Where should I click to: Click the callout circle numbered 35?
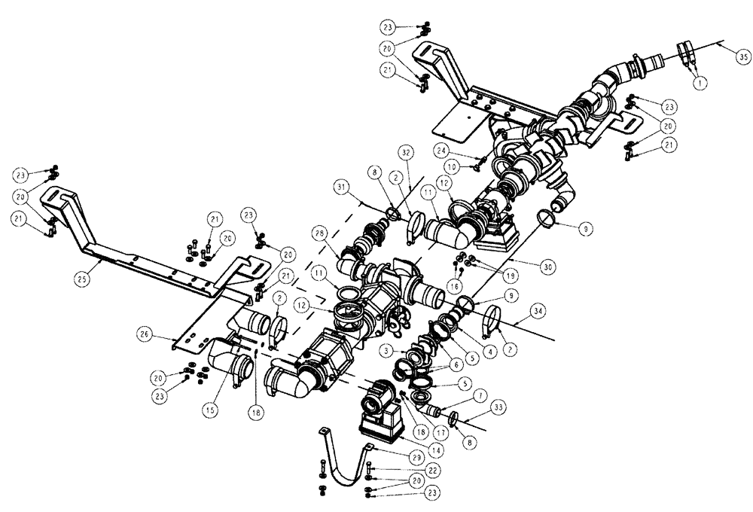742,56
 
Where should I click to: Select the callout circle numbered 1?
700,85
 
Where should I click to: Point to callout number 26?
144,331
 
